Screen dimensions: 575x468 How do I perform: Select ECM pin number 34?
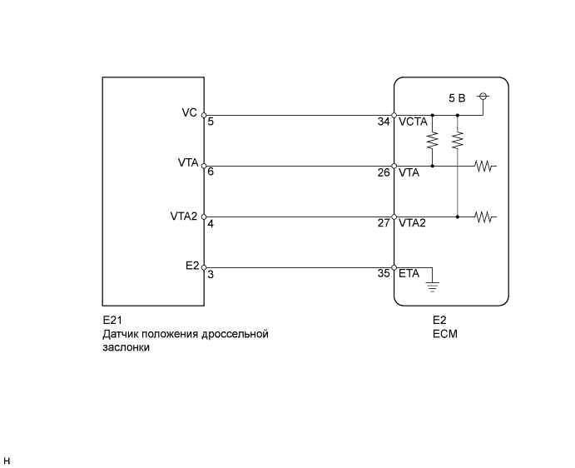click(384, 122)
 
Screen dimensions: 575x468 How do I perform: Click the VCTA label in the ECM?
click(413, 122)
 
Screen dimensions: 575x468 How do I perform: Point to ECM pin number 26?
click(384, 173)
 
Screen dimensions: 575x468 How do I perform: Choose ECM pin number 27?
click(384, 224)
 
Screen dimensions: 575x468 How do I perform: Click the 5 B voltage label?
click(457, 97)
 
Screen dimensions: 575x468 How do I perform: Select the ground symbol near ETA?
click(432, 288)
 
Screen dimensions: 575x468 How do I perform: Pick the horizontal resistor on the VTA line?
click(485, 166)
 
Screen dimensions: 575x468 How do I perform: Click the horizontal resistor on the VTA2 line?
click(485, 217)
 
